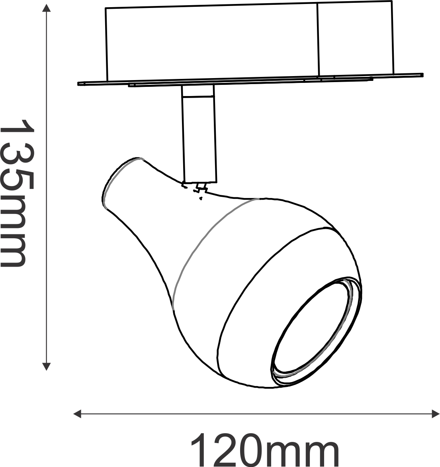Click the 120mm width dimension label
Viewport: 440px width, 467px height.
click(265, 449)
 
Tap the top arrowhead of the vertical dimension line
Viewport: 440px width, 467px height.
click(46, 8)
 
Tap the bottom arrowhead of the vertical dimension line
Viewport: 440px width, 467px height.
click(46, 367)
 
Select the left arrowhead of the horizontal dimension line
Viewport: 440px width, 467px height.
click(77, 414)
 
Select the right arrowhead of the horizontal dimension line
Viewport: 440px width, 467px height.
click(436, 414)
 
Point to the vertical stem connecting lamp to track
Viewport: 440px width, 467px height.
click(199, 133)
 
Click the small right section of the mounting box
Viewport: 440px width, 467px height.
click(356, 38)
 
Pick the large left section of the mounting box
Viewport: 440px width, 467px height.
click(212, 43)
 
